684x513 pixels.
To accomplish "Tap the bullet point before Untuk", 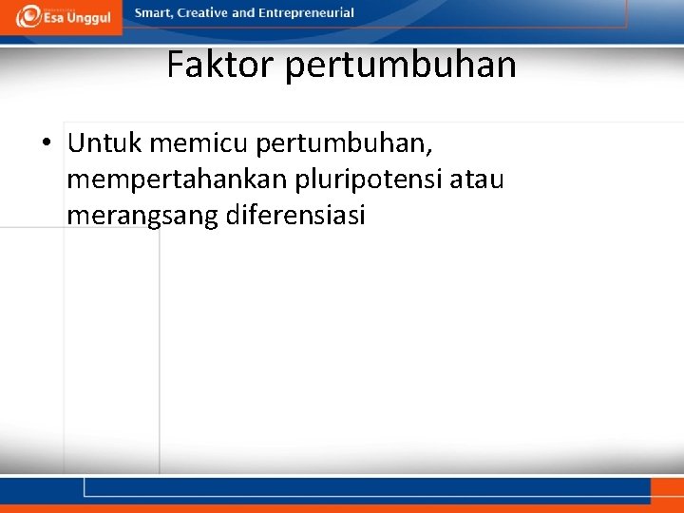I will tap(46, 144).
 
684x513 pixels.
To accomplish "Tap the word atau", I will tap(478, 180).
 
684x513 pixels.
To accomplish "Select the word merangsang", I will tap(142, 216).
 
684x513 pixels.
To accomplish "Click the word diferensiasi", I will tap(296, 215).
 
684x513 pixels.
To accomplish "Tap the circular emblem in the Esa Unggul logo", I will tap(28, 16).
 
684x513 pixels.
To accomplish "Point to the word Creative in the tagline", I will tap(203, 13).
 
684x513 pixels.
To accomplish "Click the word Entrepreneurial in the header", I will tap(306, 13).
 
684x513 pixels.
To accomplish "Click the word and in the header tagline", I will tap(243, 13).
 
